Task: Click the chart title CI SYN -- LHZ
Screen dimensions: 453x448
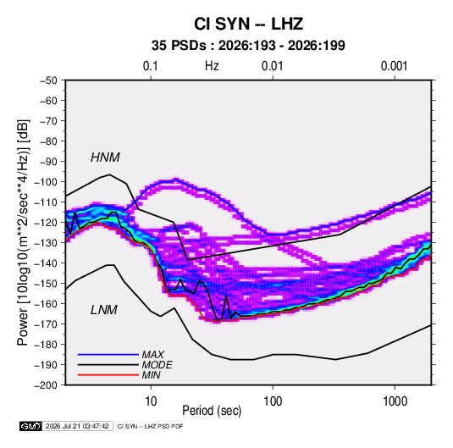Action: point(248,24)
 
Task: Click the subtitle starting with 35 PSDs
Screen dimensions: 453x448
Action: point(248,46)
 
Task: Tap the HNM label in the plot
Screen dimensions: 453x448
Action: point(105,158)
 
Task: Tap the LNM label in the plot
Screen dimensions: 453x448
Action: point(104,310)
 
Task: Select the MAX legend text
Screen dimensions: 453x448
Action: point(152,355)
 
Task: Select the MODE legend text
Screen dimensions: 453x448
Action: point(157,365)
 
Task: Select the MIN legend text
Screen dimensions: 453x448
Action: point(151,375)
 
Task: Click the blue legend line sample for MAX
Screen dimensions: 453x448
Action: point(108,355)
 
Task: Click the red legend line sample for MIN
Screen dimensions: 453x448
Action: point(108,375)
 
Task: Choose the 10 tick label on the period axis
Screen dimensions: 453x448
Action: point(151,401)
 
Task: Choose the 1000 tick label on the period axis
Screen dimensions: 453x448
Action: point(395,401)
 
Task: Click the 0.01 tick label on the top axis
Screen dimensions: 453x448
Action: point(273,66)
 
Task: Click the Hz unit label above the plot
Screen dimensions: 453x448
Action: point(212,66)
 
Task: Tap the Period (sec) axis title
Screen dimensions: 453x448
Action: point(212,411)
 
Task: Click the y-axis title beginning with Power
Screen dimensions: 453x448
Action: point(23,232)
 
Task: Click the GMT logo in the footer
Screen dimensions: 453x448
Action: point(31,426)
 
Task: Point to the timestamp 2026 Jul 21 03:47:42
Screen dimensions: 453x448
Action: point(77,426)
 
